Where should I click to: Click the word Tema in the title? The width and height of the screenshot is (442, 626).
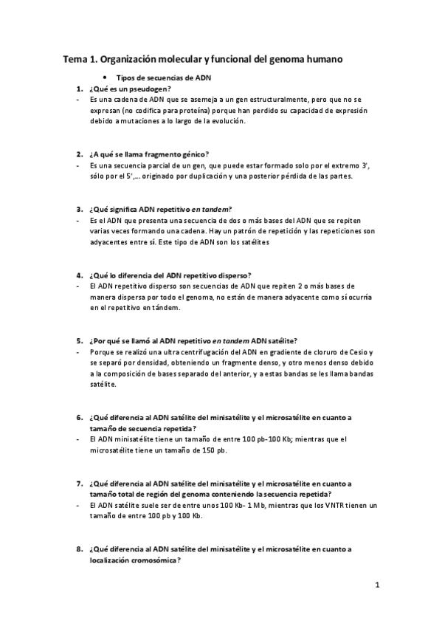[x=75, y=58]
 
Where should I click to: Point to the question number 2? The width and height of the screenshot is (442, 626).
[x=78, y=154]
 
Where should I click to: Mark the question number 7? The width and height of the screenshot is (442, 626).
[x=78, y=482]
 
